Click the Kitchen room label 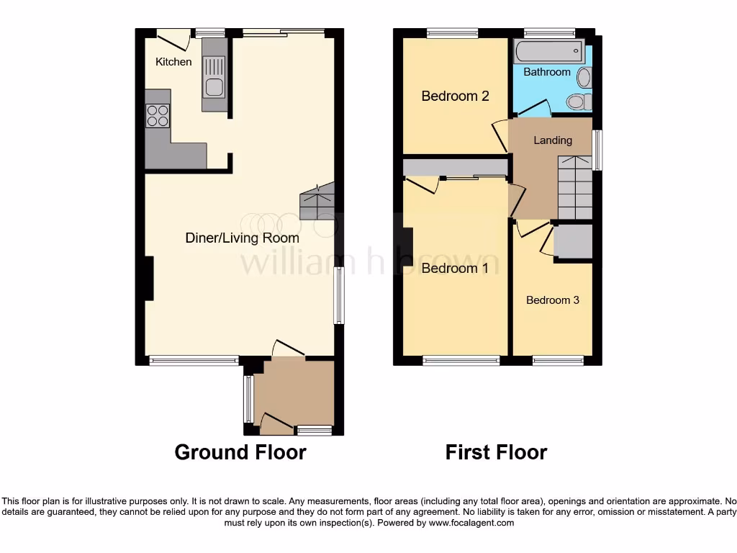coord(173,62)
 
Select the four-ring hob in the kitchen coord(158,115)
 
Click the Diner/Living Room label coord(242,238)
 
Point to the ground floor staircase coord(317,202)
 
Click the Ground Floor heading coord(240,452)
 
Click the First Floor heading coord(496,452)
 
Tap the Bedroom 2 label coord(455,96)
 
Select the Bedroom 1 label coord(455,269)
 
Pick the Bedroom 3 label coord(552,300)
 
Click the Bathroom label coord(547,72)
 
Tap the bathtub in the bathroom coord(548,50)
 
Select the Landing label coord(552,140)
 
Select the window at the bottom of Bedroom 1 coord(461,361)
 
